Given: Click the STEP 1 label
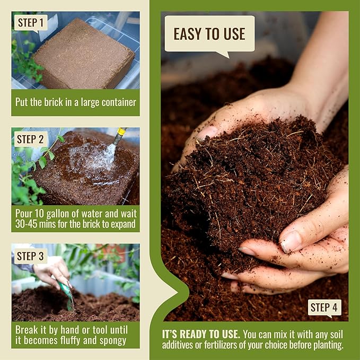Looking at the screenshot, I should [x=30, y=23].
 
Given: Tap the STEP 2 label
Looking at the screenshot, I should [x=30, y=139].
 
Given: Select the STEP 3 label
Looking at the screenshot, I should [x=30, y=256].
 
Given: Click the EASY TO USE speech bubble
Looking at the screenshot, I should [x=209, y=33].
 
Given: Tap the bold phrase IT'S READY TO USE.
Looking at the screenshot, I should [x=201, y=335].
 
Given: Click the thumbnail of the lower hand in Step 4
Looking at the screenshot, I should [x=291, y=241].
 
